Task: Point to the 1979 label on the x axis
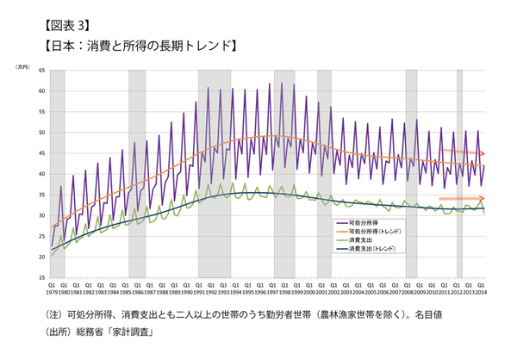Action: click(x=52, y=292)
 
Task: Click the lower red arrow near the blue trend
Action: click(x=462, y=199)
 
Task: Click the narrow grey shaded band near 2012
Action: click(x=459, y=172)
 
